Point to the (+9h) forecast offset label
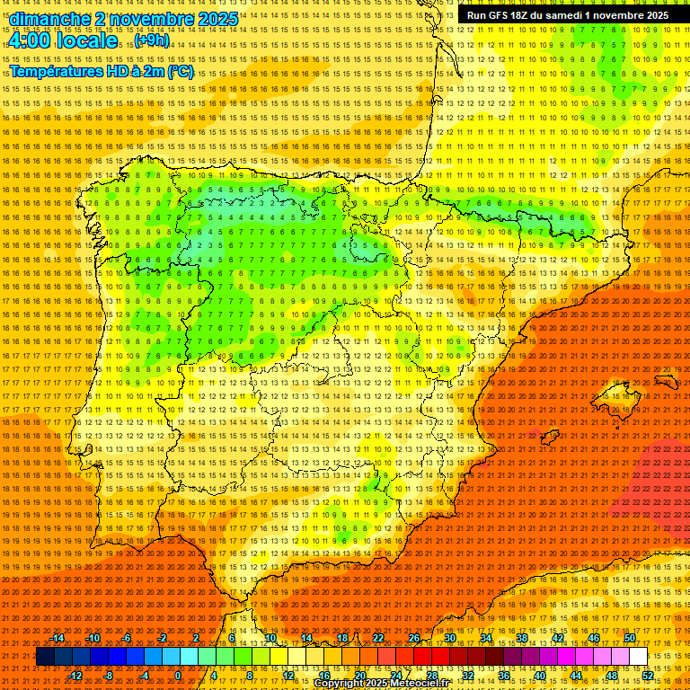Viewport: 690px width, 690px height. [150, 40]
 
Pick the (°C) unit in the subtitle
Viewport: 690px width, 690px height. [180, 72]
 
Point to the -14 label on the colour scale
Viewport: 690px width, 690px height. [57, 638]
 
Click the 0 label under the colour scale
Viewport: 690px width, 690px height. [178, 676]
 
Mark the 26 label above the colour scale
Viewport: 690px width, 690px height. [414, 638]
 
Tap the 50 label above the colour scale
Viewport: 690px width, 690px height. [630, 638]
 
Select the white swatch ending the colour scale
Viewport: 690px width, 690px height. [638, 657]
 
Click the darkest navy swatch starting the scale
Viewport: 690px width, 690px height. [45, 657]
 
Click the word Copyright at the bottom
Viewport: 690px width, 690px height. [340, 684]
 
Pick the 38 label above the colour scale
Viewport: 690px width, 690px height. [522, 638]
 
